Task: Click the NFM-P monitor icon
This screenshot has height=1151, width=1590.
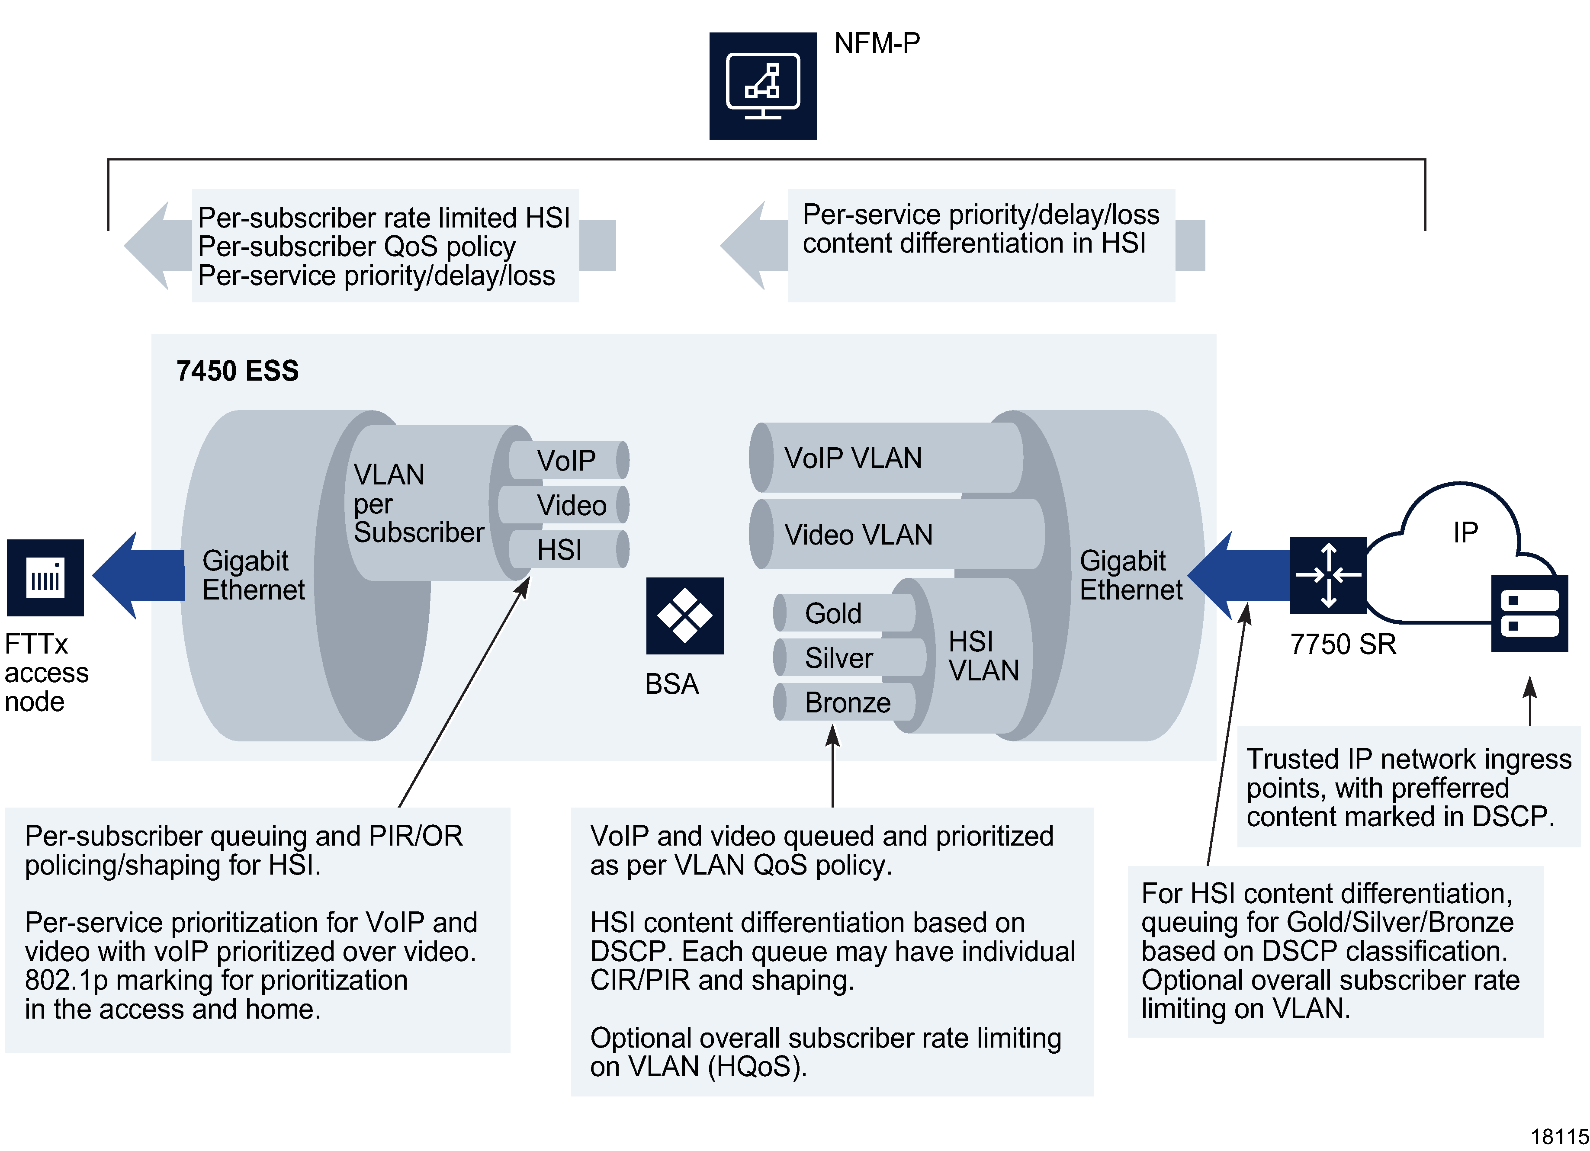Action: pos(763,86)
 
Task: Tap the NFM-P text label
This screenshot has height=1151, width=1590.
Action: pos(876,43)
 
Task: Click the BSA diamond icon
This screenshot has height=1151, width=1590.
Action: pos(684,616)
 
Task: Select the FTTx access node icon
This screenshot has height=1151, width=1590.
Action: pos(45,577)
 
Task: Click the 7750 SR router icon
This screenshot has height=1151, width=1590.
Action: pos(1328,575)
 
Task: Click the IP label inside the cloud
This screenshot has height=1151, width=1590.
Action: pos(1465,533)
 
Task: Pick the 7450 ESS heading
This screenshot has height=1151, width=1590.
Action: pos(237,371)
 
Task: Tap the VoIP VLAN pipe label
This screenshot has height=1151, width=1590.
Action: pos(852,458)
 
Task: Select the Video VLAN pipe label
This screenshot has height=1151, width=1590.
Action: pos(858,535)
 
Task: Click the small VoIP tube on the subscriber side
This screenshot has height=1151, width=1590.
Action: pos(566,461)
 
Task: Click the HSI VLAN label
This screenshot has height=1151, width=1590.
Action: pos(983,656)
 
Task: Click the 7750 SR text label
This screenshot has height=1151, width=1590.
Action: pos(1343,644)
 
